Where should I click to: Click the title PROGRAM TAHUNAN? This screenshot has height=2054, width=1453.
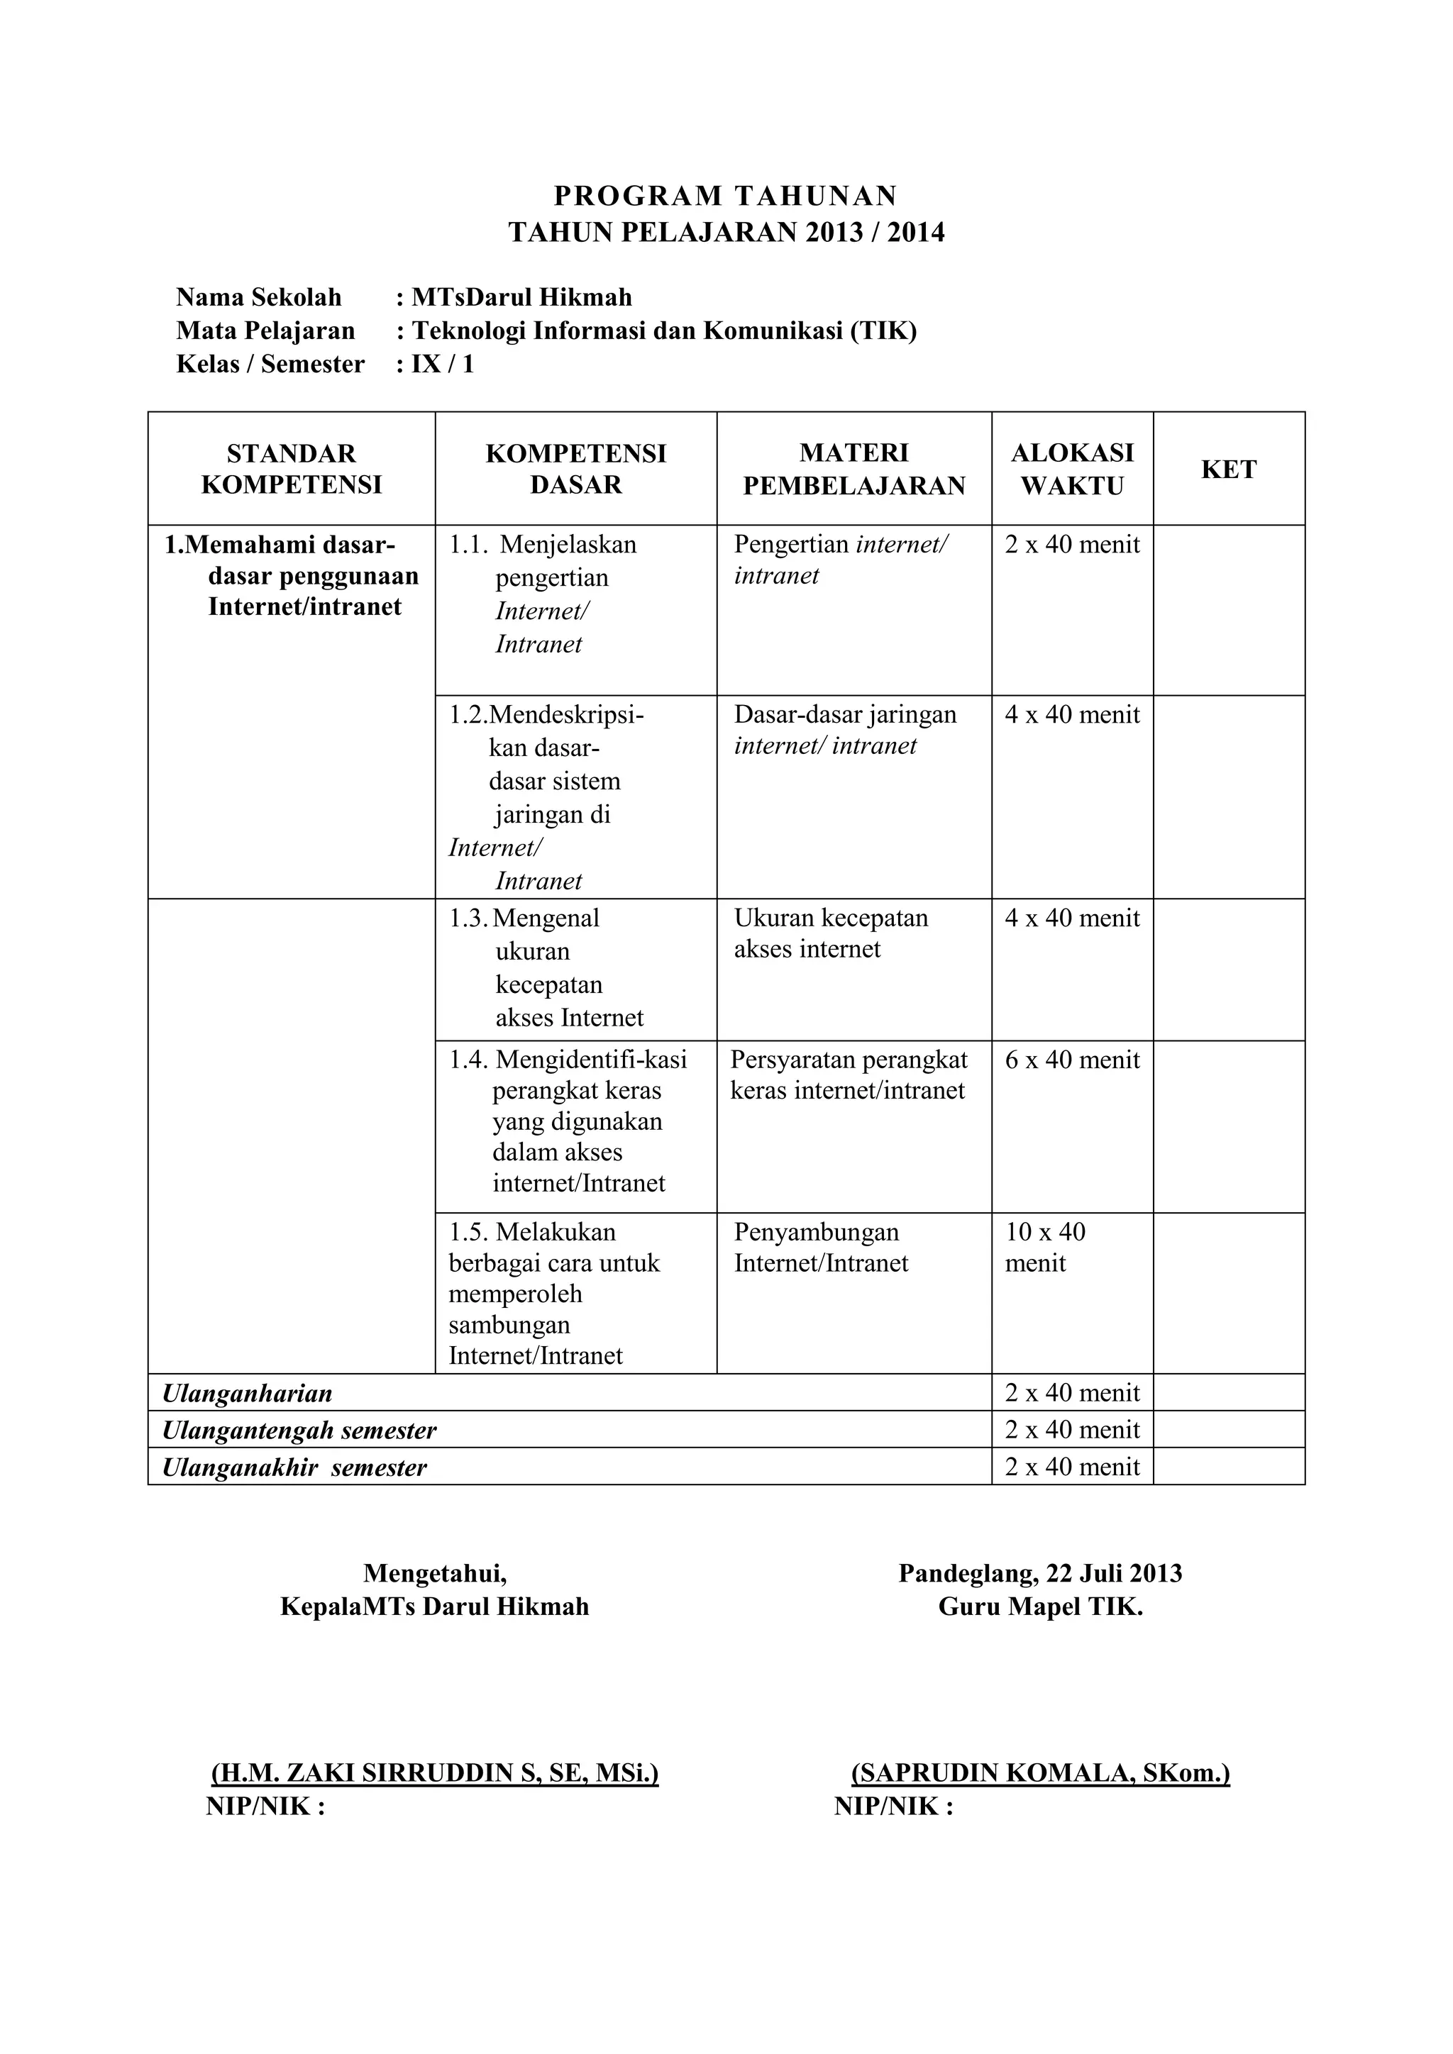[x=726, y=195]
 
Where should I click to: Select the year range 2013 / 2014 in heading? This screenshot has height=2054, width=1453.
[x=874, y=233]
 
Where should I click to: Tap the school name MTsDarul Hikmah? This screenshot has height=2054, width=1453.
[x=521, y=297]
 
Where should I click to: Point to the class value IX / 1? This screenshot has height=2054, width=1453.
[x=442, y=364]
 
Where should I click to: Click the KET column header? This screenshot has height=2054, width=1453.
[x=1228, y=469]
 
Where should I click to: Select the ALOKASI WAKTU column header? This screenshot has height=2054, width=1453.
[x=1072, y=469]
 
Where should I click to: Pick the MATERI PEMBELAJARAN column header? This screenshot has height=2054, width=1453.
[x=853, y=469]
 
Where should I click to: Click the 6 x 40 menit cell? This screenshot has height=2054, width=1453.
[x=1072, y=1060]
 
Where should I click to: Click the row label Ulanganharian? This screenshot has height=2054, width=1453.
[x=247, y=1393]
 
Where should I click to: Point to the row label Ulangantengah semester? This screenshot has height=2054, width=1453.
[x=299, y=1430]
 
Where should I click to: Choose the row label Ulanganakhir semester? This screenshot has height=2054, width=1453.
[x=294, y=1467]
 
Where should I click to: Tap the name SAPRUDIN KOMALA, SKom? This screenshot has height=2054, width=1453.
[x=1039, y=1772]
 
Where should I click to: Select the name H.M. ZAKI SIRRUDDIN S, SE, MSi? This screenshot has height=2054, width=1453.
[x=435, y=1772]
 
